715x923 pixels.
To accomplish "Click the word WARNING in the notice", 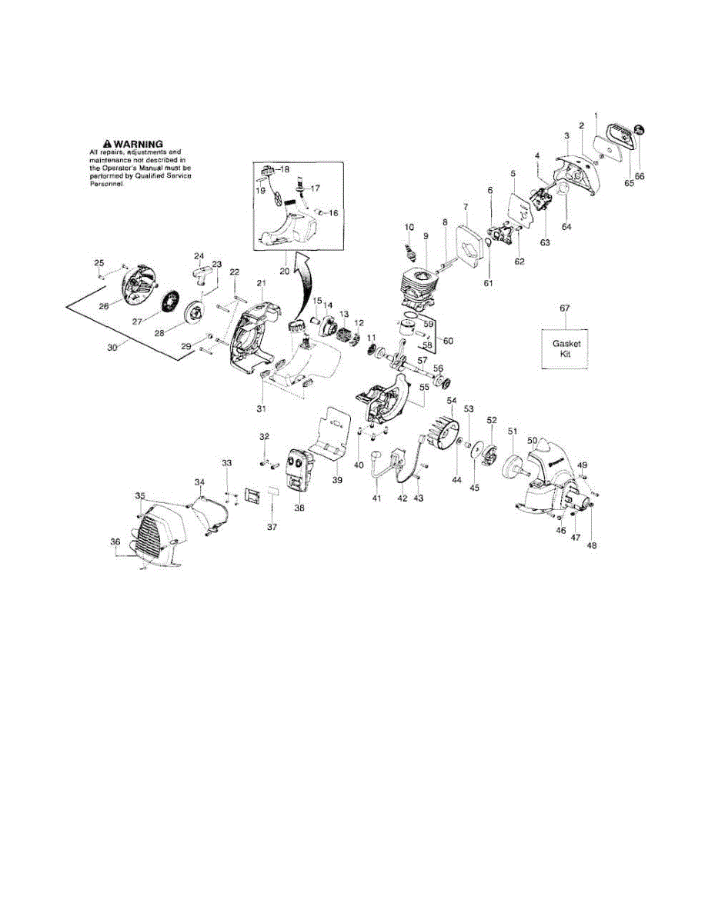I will coord(139,144).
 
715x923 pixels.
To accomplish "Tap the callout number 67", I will coord(565,308).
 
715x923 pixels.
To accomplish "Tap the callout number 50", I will coord(532,441).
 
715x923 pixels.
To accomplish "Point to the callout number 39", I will coord(337,480).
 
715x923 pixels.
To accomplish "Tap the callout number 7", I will coord(465,207).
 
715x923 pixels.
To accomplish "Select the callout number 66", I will coord(640,176).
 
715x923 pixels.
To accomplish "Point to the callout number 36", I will coord(115,541).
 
